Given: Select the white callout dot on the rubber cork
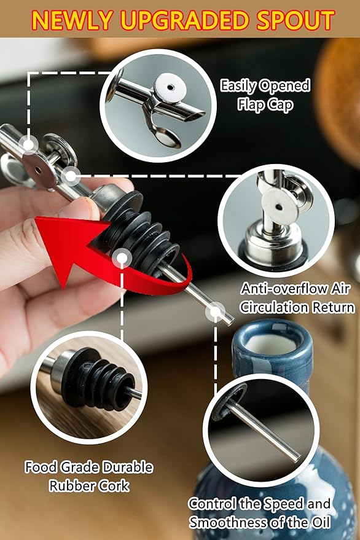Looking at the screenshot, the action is [122, 257].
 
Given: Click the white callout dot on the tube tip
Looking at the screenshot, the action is [215, 312].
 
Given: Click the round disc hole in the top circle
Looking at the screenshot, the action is [171, 87].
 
